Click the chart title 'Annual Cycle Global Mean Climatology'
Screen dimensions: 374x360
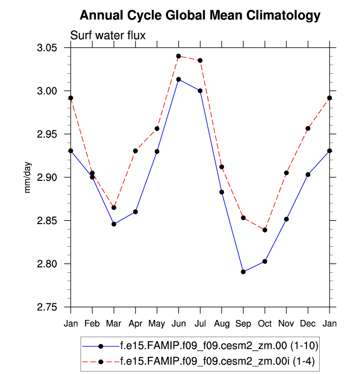200,16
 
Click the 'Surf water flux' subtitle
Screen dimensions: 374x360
108,35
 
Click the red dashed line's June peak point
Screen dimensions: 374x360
179,56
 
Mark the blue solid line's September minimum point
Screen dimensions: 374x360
243,272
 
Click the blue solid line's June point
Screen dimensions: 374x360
179,79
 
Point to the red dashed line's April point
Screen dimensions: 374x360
136,151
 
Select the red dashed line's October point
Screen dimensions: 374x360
265,230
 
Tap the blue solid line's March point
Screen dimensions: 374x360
114,224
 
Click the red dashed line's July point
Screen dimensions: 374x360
200,60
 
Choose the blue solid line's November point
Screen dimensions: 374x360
286,219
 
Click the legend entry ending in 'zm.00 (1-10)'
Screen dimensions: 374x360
219,346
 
